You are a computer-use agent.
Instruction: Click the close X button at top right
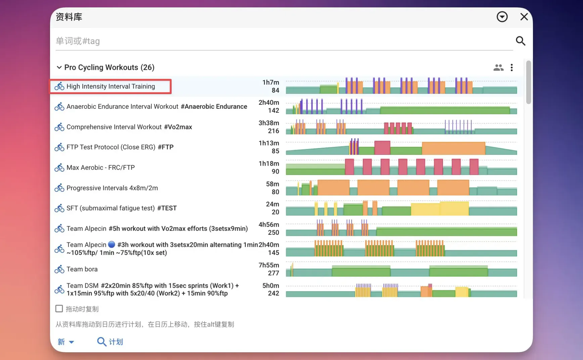tap(524, 17)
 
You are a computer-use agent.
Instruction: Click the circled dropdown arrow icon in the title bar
tap(502, 17)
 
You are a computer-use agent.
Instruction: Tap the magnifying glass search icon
tap(521, 41)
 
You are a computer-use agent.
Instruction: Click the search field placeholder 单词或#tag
tap(78, 41)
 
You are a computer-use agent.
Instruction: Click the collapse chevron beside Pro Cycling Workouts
tap(59, 67)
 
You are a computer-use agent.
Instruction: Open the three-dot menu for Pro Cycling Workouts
tap(511, 67)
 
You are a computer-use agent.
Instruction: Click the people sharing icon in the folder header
tap(498, 67)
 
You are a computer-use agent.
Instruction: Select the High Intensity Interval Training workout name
tap(111, 86)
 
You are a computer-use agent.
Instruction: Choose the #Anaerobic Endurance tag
tap(214, 106)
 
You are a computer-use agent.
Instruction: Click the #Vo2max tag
tap(178, 127)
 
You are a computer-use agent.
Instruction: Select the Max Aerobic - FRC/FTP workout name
tap(101, 168)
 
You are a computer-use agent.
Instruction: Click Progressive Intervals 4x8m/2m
tap(112, 188)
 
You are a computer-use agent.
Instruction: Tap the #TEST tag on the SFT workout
tap(167, 208)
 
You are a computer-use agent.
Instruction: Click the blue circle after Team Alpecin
tap(112, 244)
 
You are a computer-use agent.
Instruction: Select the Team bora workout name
tap(82, 269)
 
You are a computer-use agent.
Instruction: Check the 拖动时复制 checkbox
tap(59, 309)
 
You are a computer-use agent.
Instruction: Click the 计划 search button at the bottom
tap(110, 342)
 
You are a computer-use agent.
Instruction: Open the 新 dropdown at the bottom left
tap(66, 342)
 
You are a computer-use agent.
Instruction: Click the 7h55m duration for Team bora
tap(269, 265)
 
